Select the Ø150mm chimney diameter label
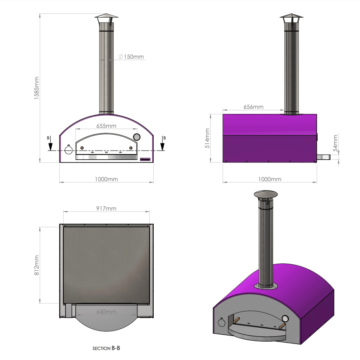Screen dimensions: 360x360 (131, 57)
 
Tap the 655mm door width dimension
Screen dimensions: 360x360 (106, 126)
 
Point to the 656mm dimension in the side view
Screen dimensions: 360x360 (253, 107)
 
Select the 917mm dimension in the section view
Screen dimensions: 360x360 (106, 208)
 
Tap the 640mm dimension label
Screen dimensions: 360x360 (106, 311)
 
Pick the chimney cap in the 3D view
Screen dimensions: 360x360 (266, 194)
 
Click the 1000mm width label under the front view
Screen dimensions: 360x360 (106, 179)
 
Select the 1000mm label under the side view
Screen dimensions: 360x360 (270, 179)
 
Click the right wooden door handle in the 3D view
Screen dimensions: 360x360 (282, 327)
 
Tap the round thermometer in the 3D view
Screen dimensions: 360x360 (285, 319)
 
